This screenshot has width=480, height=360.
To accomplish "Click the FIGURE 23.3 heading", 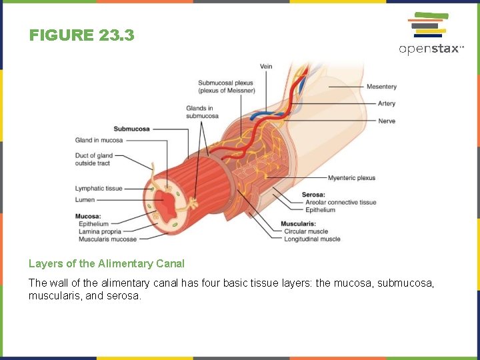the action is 81,35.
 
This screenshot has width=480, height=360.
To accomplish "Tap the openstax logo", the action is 431,33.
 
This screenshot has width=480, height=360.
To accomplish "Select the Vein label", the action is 266,66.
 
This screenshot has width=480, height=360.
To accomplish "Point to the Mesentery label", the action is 381,87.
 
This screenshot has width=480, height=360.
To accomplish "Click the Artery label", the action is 387,103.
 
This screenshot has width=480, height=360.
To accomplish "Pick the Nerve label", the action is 387,121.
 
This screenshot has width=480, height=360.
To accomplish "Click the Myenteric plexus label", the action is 351,178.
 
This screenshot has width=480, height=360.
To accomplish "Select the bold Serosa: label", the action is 313,195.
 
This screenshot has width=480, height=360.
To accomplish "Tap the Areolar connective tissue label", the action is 341,202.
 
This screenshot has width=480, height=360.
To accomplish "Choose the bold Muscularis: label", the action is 298,223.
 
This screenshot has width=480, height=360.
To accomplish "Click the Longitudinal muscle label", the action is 312,239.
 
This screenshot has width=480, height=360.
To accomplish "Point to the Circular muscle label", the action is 306,231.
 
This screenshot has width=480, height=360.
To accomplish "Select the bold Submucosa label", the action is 131,129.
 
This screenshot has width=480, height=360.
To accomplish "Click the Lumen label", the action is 85,199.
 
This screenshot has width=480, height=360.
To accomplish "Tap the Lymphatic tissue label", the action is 99,189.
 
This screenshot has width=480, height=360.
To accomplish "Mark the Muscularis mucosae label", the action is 107,239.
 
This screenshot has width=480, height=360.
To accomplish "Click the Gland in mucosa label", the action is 99,140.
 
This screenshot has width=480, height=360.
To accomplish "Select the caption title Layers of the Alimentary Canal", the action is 107,263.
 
